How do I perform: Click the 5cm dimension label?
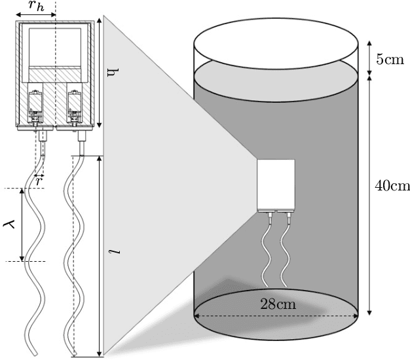click(388, 60)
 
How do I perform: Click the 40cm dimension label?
click(391, 187)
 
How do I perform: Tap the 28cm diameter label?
click(276, 304)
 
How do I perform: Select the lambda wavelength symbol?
click(9, 225)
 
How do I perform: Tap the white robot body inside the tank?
click(276, 184)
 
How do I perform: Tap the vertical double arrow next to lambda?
click(23, 225)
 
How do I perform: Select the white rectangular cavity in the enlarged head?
click(55, 46)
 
